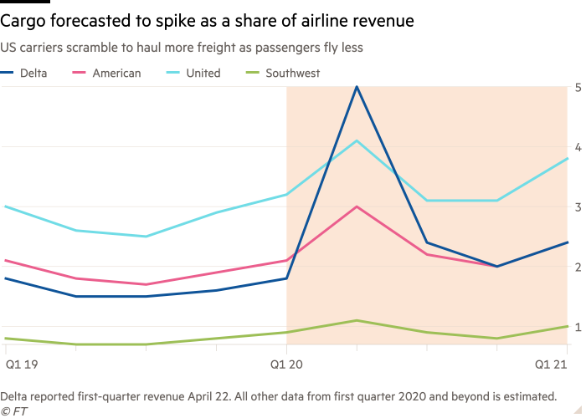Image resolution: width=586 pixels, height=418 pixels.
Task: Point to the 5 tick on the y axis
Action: pyautogui.click(x=578, y=86)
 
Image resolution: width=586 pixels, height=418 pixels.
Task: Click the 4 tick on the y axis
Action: pyautogui.click(x=578, y=146)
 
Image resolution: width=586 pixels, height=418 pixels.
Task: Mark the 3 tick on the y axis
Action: pyautogui.click(x=578, y=206)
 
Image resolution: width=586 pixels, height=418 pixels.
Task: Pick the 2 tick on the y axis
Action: pyautogui.click(x=578, y=267)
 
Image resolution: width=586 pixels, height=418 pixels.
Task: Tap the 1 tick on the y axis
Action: pyautogui.click(x=578, y=327)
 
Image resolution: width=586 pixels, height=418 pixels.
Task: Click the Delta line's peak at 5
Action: pyautogui.click(x=357, y=86)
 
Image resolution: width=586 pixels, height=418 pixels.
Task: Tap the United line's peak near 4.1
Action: pyautogui.click(x=357, y=140)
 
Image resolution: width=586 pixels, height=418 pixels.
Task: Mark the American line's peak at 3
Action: pyautogui.click(x=357, y=206)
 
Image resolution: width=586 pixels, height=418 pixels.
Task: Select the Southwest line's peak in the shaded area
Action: pyautogui.click(x=357, y=320)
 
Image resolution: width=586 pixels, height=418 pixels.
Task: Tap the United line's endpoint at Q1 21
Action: pyautogui.click(x=568, y=158)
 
